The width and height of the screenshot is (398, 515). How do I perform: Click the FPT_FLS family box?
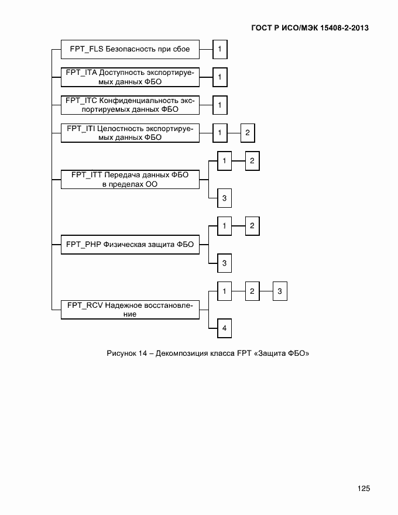tap(130, 49)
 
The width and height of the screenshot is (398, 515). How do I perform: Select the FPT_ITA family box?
tap(130, 77)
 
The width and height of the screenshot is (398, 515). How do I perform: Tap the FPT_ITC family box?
tap(130, 105)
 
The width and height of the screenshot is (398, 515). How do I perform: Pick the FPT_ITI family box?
tap(130, 133)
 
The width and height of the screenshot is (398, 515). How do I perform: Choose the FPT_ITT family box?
tap(130, 179)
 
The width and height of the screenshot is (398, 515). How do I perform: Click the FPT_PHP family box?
tap(130, 245)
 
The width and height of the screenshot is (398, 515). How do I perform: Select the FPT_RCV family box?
tap(130, 309)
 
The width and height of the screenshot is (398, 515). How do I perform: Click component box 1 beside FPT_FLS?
tap(219, 49)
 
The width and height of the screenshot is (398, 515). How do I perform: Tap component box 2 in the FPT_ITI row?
tap(248, 133)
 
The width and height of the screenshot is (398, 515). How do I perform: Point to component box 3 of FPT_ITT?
tap(224, 198)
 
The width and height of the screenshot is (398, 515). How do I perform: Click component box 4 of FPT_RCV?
tap(224, 329)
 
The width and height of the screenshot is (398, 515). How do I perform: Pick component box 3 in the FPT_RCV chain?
tap(280, 291)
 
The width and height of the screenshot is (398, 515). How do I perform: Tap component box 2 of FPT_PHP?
tap(252, 225)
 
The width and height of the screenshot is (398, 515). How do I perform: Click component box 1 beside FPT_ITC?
tap(219, 105)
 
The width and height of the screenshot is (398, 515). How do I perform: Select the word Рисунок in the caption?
tap(121, 353)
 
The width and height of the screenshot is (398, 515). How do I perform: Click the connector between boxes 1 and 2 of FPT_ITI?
tap(234, 133)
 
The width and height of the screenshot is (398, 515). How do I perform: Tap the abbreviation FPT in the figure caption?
tap(244, 353)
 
